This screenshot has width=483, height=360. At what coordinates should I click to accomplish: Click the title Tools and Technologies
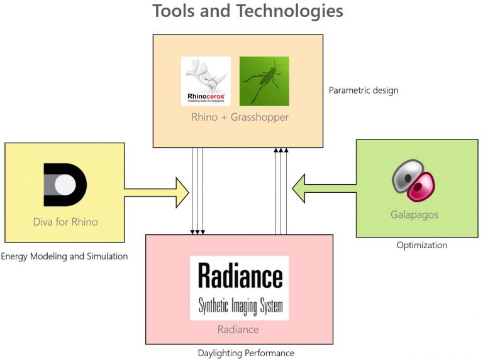[248, 11]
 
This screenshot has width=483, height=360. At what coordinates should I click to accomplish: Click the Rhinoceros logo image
[206, 81]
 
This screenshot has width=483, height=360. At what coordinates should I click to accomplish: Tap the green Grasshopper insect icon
[264, 81]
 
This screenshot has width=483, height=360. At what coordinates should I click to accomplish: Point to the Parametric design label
[364, 90]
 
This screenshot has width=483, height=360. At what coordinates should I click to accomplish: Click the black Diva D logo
[65, 184]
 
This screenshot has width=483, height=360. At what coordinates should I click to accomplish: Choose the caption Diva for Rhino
[65, 222]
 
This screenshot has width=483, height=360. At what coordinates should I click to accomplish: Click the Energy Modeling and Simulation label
[64, 256]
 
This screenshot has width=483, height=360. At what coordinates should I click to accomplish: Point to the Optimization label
[421, 245]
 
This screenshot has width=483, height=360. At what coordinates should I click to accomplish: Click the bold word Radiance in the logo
[240, 276]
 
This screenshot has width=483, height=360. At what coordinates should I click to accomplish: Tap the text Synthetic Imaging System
[240, 306]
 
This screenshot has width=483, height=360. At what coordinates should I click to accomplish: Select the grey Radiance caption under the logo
[238, 330]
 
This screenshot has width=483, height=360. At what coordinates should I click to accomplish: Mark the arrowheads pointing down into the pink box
[197, 232]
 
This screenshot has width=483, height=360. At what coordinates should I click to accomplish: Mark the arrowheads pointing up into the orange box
[280, 150]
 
